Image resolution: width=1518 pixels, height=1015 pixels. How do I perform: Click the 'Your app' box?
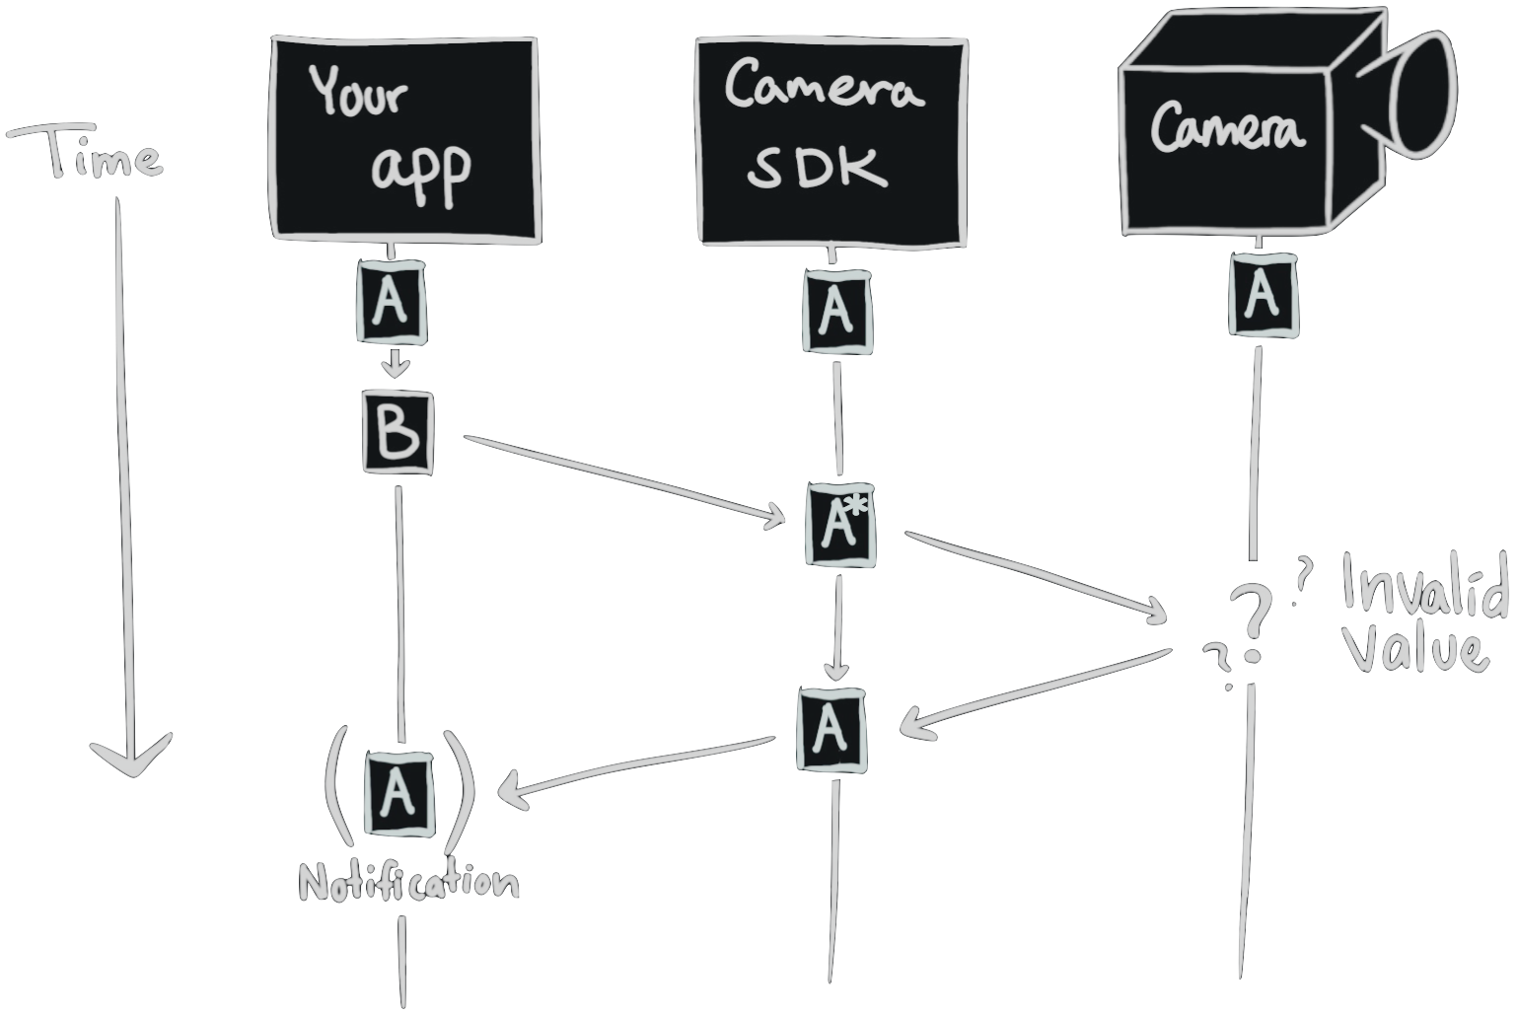tap(404, 138)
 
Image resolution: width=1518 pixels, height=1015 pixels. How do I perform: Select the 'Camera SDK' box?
tap(831, 141)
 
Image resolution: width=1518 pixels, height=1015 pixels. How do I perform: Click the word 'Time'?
tap(89, 158)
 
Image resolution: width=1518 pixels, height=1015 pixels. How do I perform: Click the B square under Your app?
tap(398, 433)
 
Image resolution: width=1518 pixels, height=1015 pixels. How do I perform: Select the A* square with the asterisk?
tap(840, 525)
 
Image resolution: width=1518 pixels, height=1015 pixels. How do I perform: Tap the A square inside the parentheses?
tap(398, 793)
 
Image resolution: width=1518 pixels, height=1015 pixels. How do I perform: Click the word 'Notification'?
tap(408, 883)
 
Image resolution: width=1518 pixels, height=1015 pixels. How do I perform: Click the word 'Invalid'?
tap(1425, 588)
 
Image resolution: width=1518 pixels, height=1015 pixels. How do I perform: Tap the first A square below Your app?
tap(391, 303)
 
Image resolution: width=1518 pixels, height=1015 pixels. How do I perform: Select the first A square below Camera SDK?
tap(836, 312)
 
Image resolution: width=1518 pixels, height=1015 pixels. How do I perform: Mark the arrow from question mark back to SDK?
tap(1036, 689)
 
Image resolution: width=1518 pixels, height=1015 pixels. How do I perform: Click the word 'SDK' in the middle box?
tap(817, 170)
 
